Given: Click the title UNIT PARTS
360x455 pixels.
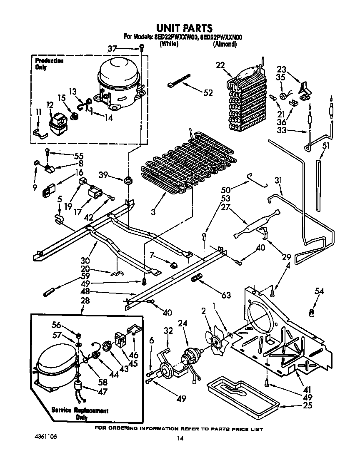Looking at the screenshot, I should coord(183,28).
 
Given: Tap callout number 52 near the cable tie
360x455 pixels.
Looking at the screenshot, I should coord(208,92).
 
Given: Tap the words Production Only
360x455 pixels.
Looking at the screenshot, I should coord(49,64).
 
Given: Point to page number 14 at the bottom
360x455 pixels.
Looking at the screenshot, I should coord(180,438).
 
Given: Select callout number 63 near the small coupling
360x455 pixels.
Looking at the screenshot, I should coord(226,296).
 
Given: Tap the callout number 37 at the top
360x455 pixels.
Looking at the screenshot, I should coord(112,49).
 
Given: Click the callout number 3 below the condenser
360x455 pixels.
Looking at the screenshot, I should coord(153,212).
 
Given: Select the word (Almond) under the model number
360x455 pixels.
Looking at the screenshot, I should coord(225,44).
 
